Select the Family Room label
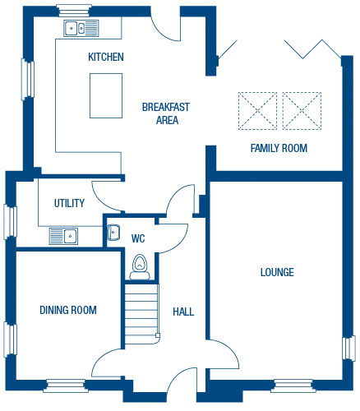268,147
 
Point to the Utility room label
65,203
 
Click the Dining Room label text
69,310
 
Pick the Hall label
183,311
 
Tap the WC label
137,237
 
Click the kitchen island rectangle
105,95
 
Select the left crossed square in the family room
257,111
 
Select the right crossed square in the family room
301,111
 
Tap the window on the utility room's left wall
11,220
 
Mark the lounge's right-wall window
349,348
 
